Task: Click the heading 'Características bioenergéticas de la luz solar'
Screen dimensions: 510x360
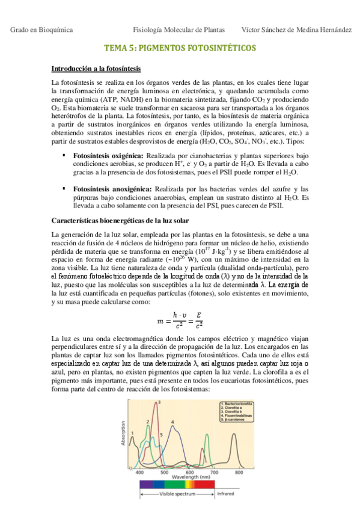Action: [x=120, y=221]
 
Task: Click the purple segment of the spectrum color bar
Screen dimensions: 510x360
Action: [x=147, y=483]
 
